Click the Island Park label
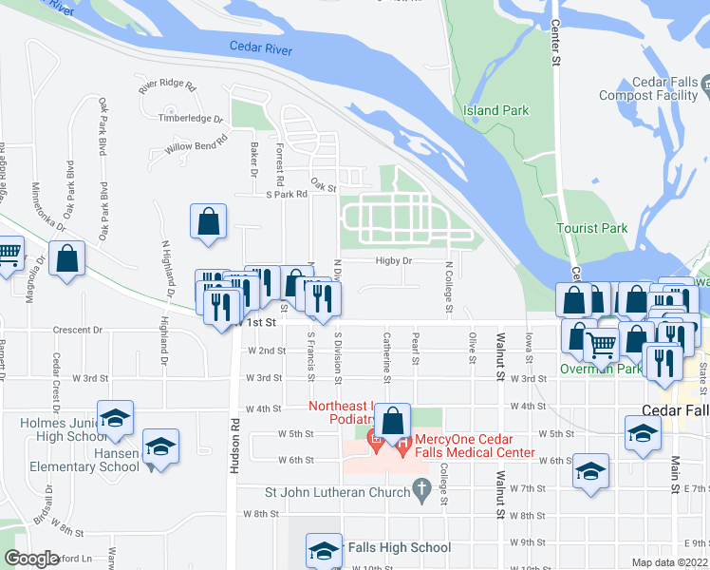(x=495, y=111)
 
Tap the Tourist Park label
(x=592, y=229)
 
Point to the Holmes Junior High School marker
(x=116, y=418)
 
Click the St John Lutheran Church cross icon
(x=423, y=490)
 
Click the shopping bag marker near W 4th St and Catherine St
(x=393, y=419)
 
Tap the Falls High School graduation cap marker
(x=324, y=550)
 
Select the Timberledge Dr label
(x=191, y=120)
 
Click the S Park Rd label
(x=288, y=194)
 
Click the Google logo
(x=31, y=559)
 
